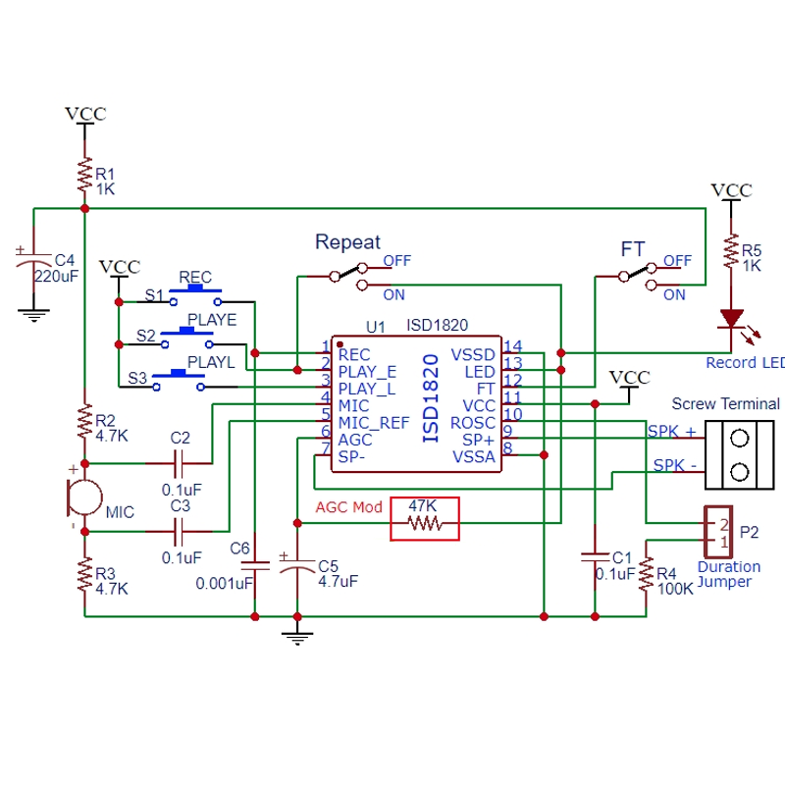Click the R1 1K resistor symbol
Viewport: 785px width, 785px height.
[x=84, y=175]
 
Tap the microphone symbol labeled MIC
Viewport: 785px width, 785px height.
[x=84, y=497]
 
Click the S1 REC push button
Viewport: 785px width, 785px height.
[x=195, y=294]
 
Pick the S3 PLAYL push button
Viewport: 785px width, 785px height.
[x=179, y=380]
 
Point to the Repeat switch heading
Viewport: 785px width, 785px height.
[x=348, y=242]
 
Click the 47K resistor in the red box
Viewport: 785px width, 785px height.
[x=425, y=523]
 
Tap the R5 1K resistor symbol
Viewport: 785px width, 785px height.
[x=731, y=250]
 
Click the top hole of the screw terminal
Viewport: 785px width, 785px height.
[x=740, y=439]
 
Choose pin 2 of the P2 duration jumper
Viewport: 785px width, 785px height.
[x=724, y=524]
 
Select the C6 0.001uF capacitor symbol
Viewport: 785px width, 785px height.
[x=255, y=566]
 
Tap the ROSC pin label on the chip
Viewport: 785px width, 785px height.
[x=472, y=424]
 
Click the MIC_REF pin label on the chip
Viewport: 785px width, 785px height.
[x=374, y=424]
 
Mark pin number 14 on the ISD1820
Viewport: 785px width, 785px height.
[x=512, y=346]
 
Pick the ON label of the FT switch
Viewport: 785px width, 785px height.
[x=674, y=295]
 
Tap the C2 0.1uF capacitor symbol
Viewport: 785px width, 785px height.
[x=179, y=463]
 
